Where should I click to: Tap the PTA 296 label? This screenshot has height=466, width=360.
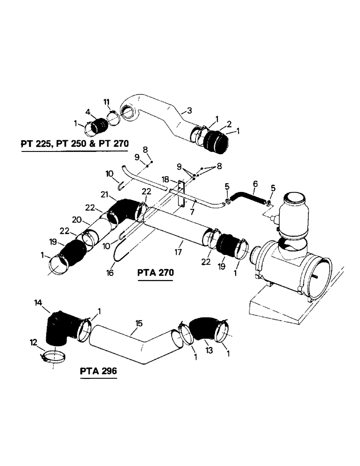[98, 371]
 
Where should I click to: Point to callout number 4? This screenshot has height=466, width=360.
[87, 111]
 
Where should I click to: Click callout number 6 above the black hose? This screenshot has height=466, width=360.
[255, 185]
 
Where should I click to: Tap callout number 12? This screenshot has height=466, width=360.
[33, 343]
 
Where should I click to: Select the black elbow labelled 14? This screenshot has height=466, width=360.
[58, 329]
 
